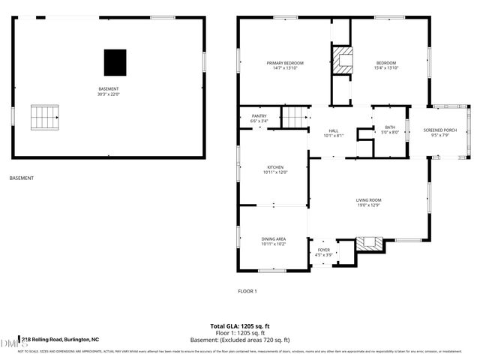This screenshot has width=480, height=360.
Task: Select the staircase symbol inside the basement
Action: [x=44, y=116]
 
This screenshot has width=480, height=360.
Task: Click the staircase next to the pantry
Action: [x=295, y=117]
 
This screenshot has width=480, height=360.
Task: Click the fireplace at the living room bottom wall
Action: [x=368, y=243]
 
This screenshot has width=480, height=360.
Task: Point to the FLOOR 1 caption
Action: [x=247, y=291]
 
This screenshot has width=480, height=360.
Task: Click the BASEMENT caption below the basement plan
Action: [x=21, y=178]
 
